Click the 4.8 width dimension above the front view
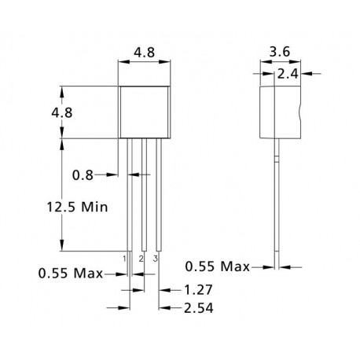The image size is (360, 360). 145,53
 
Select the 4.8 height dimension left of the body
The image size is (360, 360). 62,113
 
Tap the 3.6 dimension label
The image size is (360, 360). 280,52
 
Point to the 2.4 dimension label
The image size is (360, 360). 288,74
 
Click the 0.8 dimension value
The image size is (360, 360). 83,175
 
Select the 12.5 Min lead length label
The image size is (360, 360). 77,207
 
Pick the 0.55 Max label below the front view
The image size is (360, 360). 71,274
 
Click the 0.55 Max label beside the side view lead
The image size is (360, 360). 218,266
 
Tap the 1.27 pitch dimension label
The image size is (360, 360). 198,290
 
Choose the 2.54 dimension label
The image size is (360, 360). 199,308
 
